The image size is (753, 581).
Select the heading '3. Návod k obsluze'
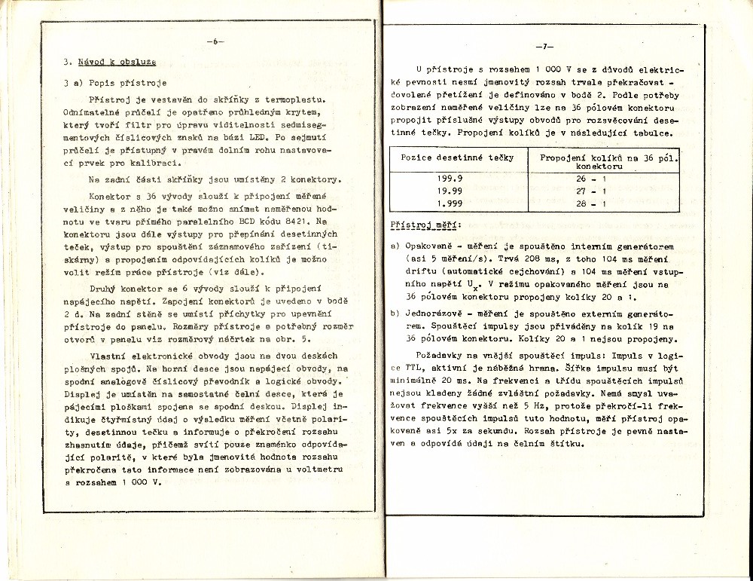point(111,63)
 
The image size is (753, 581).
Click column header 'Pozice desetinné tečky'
point(457,157)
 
